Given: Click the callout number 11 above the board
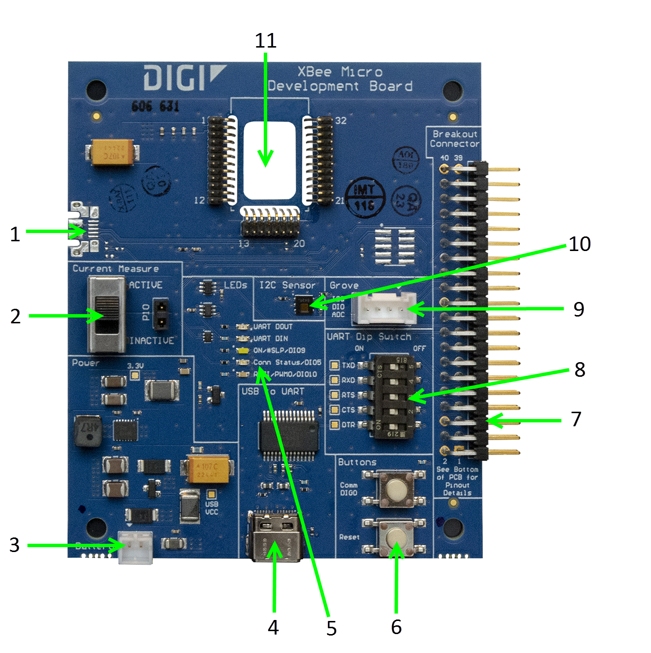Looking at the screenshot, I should tap(266, 41).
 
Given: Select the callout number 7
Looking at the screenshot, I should tap(576, 419).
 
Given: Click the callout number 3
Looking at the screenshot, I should tap(15, 545).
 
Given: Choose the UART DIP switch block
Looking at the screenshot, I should tap(394, 396).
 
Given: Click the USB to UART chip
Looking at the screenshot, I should tap(289, 435).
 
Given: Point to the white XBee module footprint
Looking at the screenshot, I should tap(270, 160).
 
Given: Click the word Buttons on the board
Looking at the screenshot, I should tap(357, 462).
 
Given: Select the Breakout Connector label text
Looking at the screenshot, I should tap(455, 139).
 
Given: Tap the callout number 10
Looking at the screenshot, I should tap(580, 244).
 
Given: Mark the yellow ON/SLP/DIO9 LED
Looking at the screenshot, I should tap(243, 350).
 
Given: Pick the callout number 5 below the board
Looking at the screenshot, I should tap(331, 628).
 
